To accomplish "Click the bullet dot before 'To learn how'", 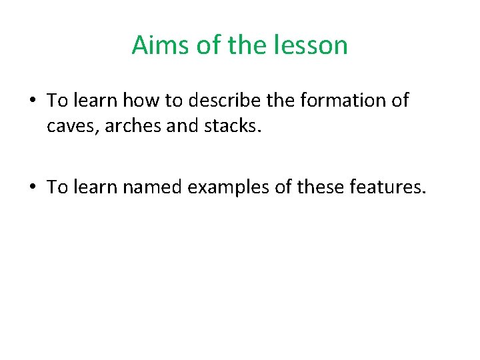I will tap(33, 101).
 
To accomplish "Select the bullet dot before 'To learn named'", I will tap(33, 188).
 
